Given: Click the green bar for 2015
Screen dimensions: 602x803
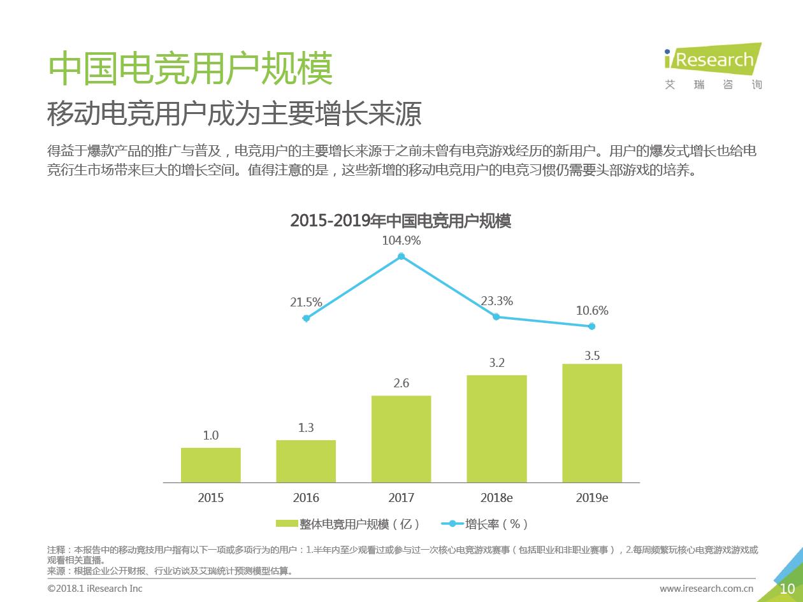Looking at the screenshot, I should coord(211,465).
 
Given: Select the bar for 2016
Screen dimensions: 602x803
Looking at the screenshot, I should coord(306,461).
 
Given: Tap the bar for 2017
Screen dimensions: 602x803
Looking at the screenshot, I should coord(401,439).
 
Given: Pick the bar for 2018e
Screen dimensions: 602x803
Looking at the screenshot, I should coord(496,429).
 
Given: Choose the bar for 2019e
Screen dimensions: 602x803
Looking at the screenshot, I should coord(591,423).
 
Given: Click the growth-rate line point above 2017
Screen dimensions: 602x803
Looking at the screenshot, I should coord(401,257).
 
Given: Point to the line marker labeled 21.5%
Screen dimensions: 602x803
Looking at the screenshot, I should coord(307,318).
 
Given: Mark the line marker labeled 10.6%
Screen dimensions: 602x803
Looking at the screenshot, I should coord(591,326).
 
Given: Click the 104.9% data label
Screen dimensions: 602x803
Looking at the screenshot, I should coord(401,241).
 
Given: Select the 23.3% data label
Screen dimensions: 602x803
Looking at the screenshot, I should coord(496,301).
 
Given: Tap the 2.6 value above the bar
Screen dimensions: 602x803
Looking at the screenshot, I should coord(401,383).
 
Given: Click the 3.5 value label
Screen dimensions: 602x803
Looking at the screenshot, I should coord(592,356).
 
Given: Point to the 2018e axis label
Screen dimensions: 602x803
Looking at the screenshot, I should coord(496,498).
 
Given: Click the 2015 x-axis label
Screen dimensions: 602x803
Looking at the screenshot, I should coord(211,498).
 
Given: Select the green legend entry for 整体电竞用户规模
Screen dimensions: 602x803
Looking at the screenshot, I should coord(348,524).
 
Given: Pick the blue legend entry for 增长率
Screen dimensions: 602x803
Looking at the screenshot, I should coord(484,524).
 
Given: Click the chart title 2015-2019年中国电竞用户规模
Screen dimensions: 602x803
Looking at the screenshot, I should coord(401,220).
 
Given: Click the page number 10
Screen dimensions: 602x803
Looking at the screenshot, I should coord(787,589).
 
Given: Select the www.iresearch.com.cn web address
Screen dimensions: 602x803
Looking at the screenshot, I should coord(706,589).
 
